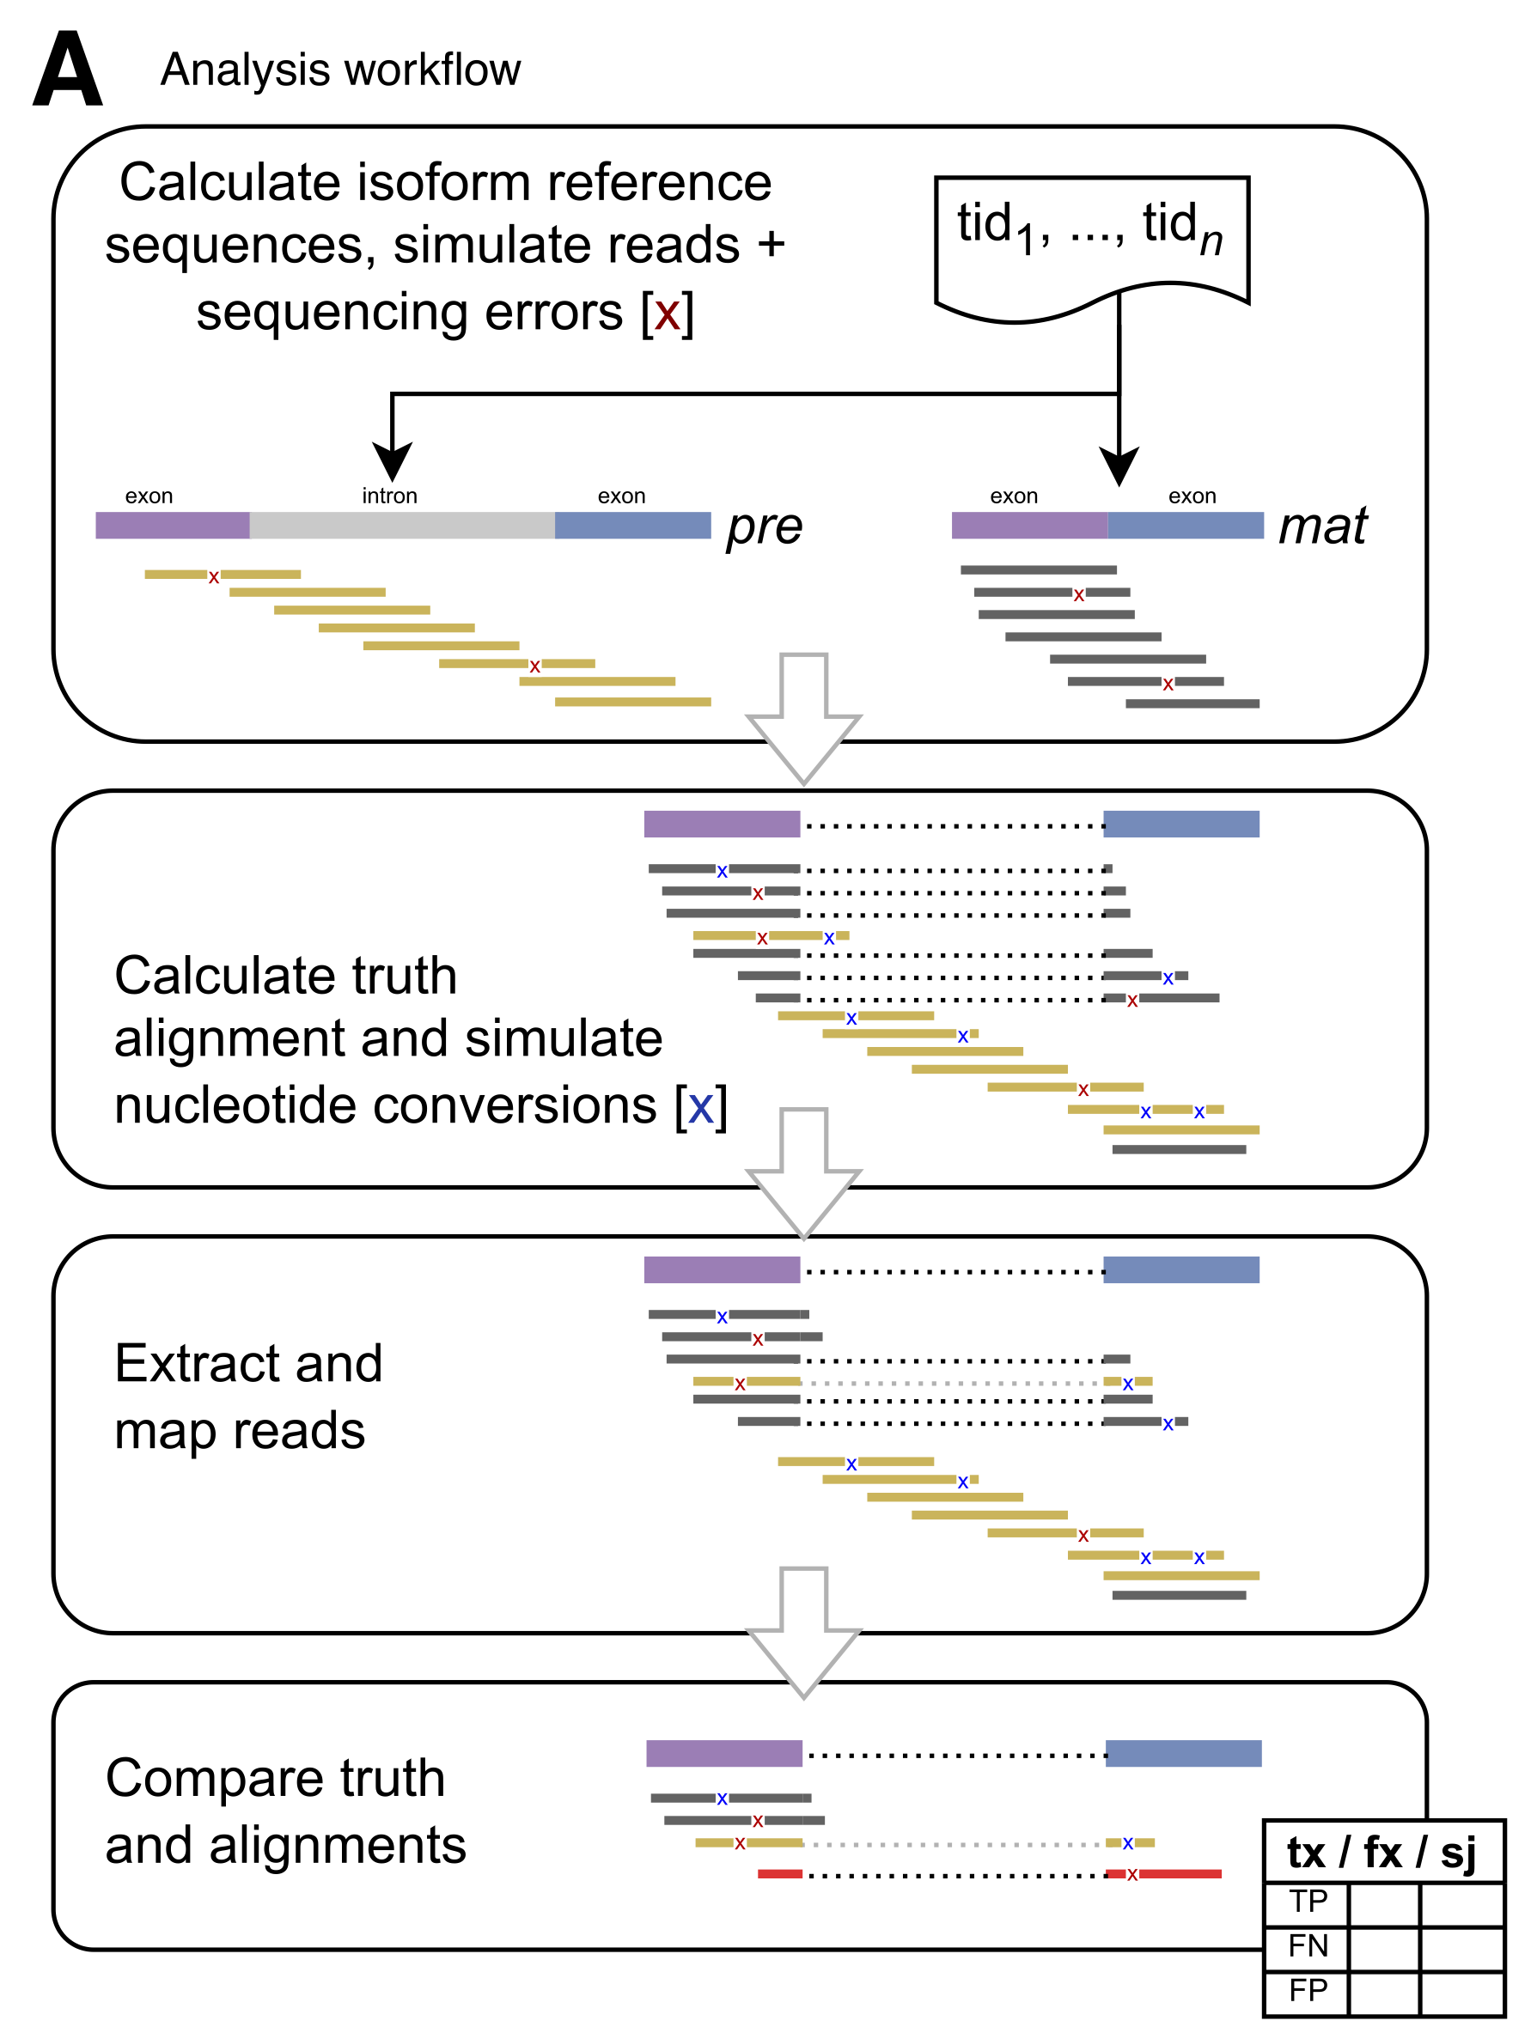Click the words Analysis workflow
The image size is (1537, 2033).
[340, 70]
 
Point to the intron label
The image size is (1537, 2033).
[390, 496]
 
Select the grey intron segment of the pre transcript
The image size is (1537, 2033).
[402, 526]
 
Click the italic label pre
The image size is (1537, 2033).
[764, 527]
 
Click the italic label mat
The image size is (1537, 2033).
[1322, 527]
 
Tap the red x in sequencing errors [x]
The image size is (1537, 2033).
[668, 314]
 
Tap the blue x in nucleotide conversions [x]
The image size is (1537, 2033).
[700, 1106]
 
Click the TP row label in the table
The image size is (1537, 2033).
[1308, 1901]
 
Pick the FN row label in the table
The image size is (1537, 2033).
[1308, 1945]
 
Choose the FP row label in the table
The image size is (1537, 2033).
[1308, 1990]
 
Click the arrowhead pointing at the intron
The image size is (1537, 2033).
[393, 460]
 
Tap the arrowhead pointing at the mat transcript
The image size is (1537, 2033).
[1119, 466]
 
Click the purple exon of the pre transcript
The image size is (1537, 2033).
[173, 526]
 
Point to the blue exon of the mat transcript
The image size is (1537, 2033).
[1185, 526]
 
